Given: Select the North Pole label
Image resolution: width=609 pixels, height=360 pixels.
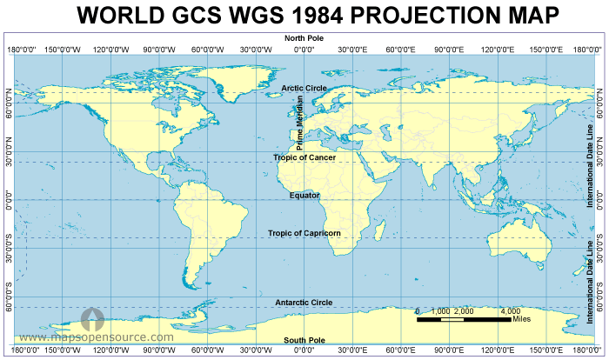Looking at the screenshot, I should [x=304, y=38].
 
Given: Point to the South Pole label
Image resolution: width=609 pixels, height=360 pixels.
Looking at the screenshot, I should [x=304, y=340].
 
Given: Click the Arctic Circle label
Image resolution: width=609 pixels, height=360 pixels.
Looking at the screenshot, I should [x=304, y=88].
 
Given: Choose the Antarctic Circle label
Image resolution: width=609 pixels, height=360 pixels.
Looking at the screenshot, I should [x=304, y=303].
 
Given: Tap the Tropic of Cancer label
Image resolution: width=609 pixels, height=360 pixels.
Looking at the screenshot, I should [x=304, y=157].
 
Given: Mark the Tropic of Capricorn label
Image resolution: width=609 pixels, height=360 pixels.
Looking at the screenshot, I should [x=304, y=233].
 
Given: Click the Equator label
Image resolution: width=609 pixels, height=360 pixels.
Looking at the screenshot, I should [x=304, y=196].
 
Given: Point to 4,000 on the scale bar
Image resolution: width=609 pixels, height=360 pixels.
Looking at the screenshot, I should [x=510, y=310].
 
